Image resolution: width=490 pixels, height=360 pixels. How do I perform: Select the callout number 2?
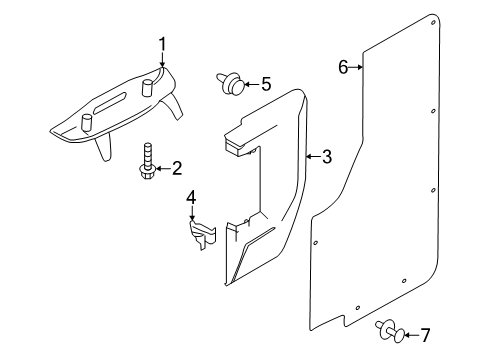pos(176,168)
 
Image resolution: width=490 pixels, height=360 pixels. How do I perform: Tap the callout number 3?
pos(327,157)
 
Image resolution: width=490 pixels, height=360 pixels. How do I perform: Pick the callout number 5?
pos(265,84)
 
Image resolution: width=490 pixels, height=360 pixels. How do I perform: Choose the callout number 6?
pos(343,67)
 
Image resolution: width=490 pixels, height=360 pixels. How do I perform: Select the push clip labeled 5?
pos(226,84)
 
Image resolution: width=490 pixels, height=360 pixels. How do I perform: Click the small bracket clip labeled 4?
pos(199,236)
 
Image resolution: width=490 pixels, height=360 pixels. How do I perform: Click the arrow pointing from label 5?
pos(249,84)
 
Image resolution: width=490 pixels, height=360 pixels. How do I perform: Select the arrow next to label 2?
pos(163,168)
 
